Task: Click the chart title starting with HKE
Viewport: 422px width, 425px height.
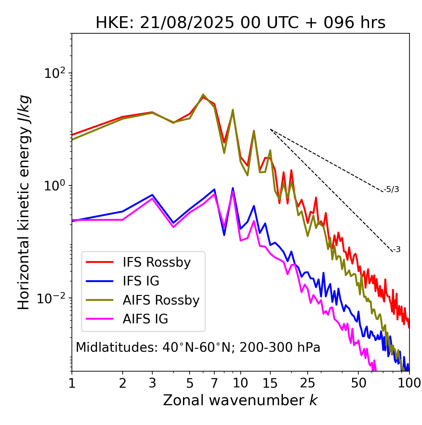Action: click(240, 23)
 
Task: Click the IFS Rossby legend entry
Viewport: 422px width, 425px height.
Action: click(157, 262)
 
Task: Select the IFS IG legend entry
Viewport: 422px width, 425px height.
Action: click(141, 281)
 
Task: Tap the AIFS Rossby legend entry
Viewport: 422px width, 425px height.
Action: click(161, 300)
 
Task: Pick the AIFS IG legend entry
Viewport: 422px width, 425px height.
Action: click(145, 319)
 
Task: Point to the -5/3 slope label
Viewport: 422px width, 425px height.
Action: click(391, 189)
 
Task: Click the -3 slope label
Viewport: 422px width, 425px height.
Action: click(397, 250)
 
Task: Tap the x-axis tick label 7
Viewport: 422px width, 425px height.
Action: click(214, 383)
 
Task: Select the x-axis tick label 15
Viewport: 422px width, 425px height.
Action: click(270, 383)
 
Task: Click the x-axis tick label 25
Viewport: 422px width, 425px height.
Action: click(308, 383)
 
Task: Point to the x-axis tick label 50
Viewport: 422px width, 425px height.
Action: click(358, 383)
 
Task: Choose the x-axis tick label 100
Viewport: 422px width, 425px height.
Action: click(409, 383)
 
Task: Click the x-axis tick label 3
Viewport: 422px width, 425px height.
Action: click(152, 383)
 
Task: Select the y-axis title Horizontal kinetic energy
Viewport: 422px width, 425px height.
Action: click(24, 202)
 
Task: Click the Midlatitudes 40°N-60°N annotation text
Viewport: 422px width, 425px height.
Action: click(198, 348)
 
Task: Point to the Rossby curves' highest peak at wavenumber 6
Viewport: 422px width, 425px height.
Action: click(203, 95)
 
